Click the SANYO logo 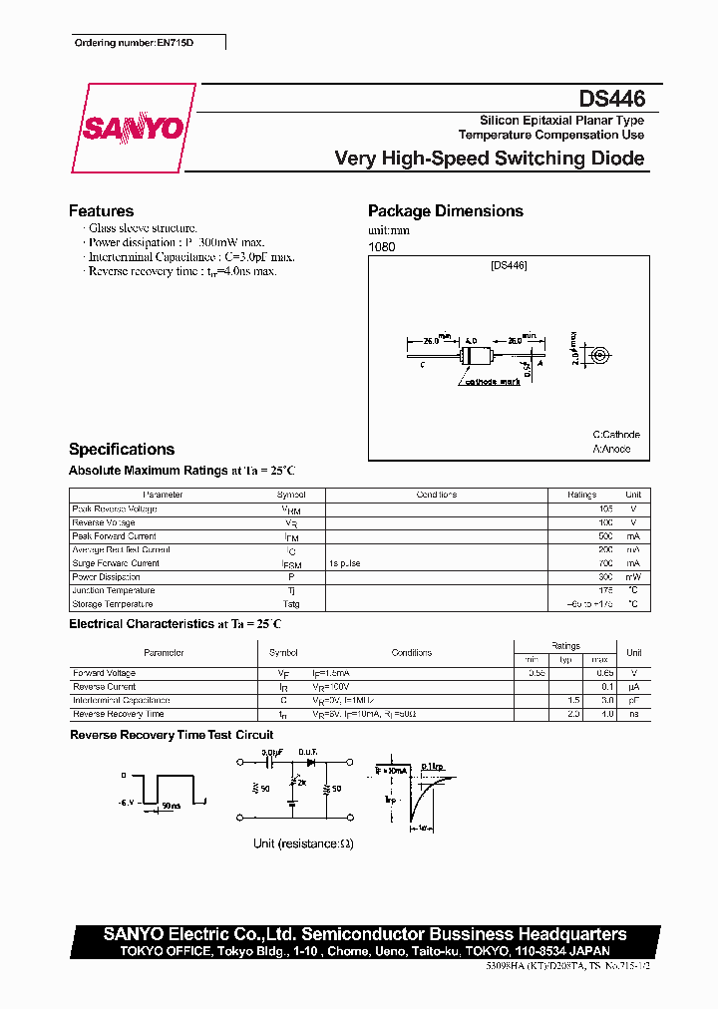[133, 129]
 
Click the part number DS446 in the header [612, 100]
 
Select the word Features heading [101, 211]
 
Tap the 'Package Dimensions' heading [445, 211]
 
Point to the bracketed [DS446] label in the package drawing [509, 266]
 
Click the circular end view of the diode [599, 355]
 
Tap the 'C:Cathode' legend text [615, 435]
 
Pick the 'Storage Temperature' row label [113, 604]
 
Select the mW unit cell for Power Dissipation [633, 577]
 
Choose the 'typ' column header [564, 660]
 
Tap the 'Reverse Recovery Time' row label [119, 714]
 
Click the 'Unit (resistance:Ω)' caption [303, 843]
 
